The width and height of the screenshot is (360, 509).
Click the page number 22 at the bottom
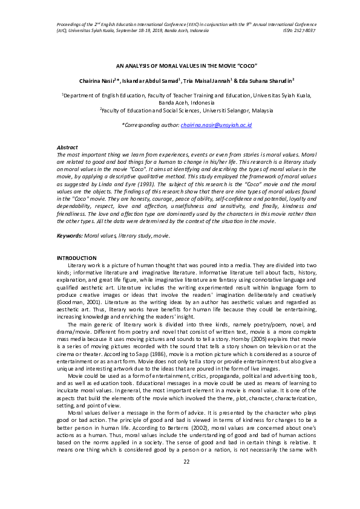[186, 479]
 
